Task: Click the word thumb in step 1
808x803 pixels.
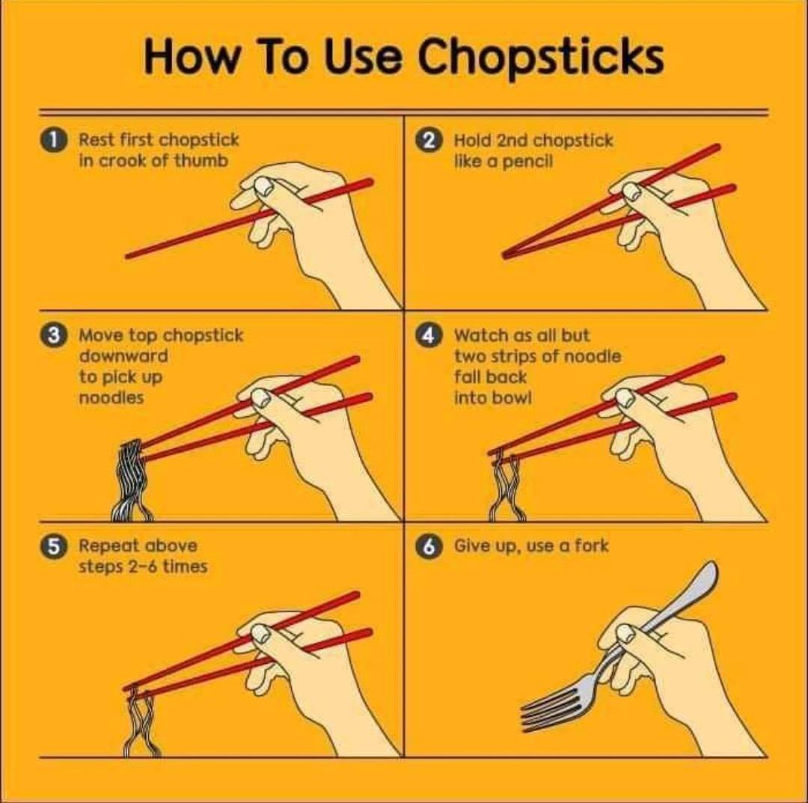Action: point(201,160)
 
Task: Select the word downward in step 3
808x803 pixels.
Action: point(123,355)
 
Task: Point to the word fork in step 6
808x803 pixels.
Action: point(592,546)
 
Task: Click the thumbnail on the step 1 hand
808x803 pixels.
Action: point(264,186)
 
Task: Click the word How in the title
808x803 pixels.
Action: point(192,57)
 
